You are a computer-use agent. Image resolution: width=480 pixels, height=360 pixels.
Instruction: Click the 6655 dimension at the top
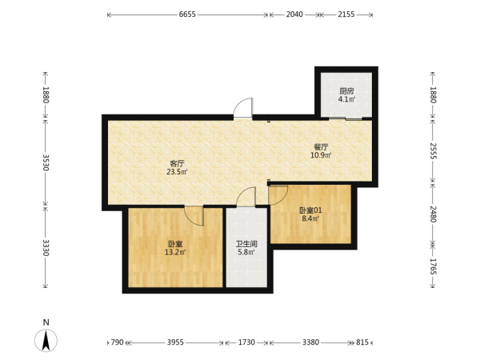click(x=187, y=14)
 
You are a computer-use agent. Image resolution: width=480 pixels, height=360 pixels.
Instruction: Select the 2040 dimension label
click(x=294, y=14)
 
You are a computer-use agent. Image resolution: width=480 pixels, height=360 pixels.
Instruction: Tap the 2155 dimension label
click(x=346, y=14)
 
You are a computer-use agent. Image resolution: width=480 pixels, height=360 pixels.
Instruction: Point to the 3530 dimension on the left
click(x=46, y=162)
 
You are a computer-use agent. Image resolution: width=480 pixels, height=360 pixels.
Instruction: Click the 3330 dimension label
click(x=46, y=247)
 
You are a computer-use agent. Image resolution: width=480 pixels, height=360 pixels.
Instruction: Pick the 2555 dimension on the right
click(x=433, y=150)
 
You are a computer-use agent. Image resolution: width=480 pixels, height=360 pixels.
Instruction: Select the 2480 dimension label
click(x=433, y=214)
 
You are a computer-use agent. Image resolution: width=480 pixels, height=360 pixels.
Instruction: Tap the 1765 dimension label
click(x=433, y=266)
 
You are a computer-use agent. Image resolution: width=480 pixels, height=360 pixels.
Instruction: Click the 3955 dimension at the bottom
click(x=175, y=342)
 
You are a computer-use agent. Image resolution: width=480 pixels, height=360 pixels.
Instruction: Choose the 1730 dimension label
click(x=246, y=342)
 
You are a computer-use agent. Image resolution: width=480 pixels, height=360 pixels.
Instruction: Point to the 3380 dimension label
click(x=310, y=342)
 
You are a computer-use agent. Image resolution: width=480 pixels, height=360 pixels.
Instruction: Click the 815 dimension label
click(x=362, y=342)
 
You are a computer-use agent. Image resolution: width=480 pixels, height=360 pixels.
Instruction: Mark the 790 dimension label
click(x=117, y=342)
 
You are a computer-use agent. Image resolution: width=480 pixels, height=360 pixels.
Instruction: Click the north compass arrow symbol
click(x=46, y=340)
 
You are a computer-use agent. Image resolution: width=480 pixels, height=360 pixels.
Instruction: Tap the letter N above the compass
click(x=46, y=322)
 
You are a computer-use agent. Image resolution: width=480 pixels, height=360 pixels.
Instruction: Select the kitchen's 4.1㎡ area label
click(x=346, y=99)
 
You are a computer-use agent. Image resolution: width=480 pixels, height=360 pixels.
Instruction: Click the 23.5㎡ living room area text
click(x=177, y=172)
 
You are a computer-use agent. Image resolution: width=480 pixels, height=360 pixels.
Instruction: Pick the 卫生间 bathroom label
click(x=246, y=244)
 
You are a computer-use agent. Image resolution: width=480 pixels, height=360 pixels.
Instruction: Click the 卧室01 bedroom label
click(x=310, y=210)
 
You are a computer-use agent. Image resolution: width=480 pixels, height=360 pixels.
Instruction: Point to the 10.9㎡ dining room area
click(x=321, y=155)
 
